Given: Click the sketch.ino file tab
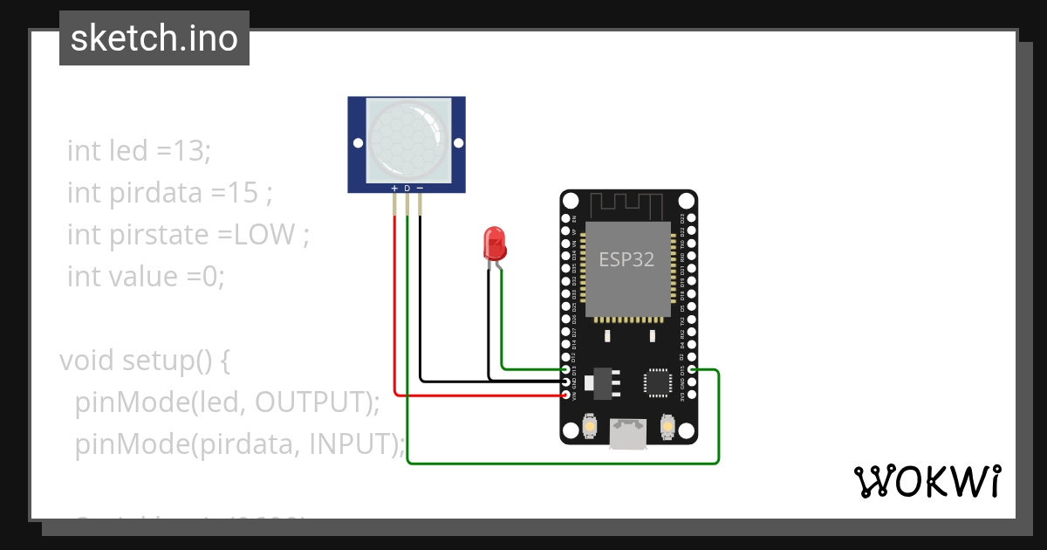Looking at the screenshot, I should (154, 38).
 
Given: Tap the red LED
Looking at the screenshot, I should (495, 244).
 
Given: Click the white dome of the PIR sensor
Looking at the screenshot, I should (406, 140).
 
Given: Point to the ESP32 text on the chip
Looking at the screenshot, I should (626, 259).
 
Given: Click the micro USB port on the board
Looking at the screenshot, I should (628, 433).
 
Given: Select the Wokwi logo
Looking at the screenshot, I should (927, 481).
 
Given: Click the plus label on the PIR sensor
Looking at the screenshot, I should (395, 189).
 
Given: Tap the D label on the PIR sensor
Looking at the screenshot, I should (407, 189).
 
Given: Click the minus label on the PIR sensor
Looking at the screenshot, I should (420, 189).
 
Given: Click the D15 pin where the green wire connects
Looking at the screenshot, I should (691, 370).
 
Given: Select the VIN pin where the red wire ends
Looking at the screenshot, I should (566, 395).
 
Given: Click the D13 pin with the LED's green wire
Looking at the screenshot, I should (566, 370).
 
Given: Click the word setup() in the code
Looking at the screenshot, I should (163, 361).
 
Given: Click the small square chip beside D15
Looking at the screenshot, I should (657, 382).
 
